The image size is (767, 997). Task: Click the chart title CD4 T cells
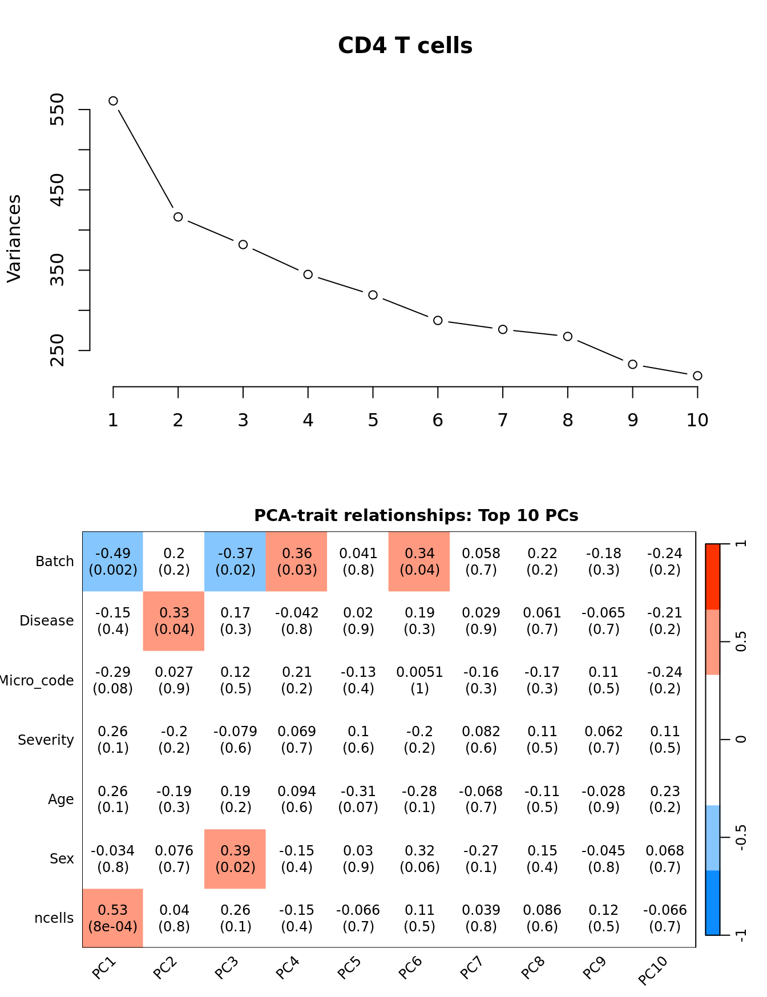tap(405, 46)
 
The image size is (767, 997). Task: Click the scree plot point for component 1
tap(113, 101)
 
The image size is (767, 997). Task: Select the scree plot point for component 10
tap(697, 376)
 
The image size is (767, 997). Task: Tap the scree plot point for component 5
tap(373, 295)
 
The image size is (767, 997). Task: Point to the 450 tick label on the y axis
tap(58, 190)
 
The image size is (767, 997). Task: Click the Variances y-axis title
tap(14, 239)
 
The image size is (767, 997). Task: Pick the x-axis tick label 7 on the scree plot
tap(502, 421)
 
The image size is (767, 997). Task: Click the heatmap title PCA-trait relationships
tap(416, 515)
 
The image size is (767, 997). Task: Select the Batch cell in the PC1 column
tap(113, 562)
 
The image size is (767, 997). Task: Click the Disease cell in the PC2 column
tap(174, 621)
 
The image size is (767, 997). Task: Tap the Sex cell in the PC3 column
tap(235, 859)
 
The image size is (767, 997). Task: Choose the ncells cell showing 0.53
tap(113, 918)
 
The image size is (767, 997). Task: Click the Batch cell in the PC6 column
tap(419, 562)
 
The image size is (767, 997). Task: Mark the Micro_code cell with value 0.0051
tap(419, 680)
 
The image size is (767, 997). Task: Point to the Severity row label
tap(46, 740)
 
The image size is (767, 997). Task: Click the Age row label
tap(60, 800)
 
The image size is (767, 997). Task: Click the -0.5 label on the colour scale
tap(741, 837)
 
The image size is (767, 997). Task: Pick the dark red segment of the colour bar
tap(713, 576)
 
